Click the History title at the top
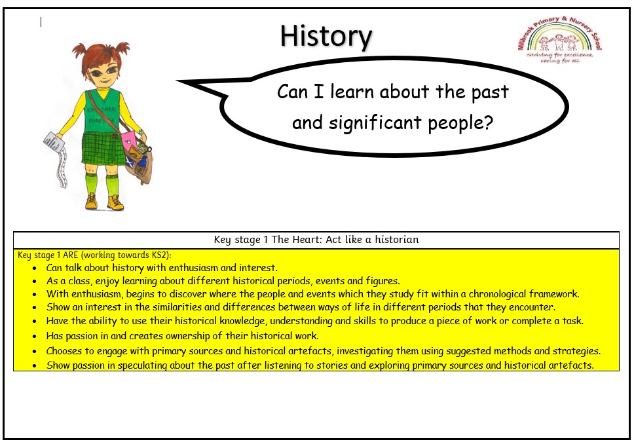click(x=326, y=37)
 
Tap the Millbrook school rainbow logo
click(x=559, y=40)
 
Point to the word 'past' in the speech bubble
click(x=490, y=92)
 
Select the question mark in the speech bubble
click(x=489, y=122)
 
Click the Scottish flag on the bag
click(x=130, y=163)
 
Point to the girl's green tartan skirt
click(x=103, y=149)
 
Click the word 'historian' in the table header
click(x=397, y=240)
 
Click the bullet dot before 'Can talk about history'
click(x=35, y=268)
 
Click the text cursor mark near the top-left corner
click(x=41, y=22)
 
